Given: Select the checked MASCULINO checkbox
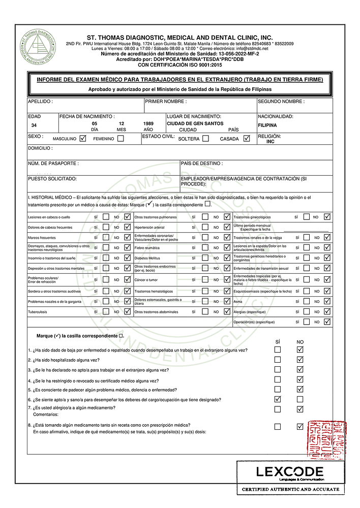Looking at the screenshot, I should tap(83, 139).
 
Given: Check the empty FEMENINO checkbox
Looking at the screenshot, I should tap(121, 139).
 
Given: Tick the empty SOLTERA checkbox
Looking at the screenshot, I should tap(205, 138).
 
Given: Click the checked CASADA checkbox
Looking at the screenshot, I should tap(247, 138).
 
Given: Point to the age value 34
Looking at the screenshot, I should tap(34, 125).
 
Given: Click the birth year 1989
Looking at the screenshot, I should tap(149, 123).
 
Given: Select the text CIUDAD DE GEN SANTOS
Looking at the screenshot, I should tap(195, 123).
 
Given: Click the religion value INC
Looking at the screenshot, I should tap(271, 142).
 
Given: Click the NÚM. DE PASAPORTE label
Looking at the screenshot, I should tap(53, 164).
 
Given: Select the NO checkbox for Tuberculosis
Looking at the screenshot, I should tap(127, 311).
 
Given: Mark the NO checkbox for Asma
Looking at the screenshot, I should tap(327, 301).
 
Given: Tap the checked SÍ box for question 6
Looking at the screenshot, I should tap(278, 399).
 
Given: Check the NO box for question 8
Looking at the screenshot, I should tap(300, 426).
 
